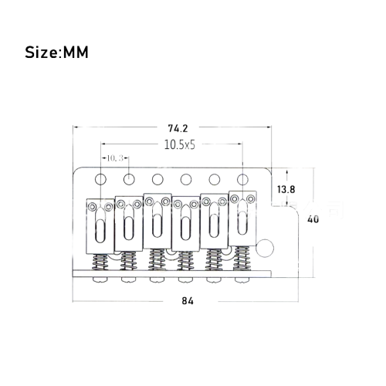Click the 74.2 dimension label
click(178, 128)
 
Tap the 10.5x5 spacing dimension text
click(180, 145)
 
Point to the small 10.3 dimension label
click(115, 158)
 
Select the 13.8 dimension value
click(286, 190)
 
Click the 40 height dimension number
click(313, 219)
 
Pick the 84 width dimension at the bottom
click(188, 301)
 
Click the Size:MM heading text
click(56, 52)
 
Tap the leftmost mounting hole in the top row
click(100, 179)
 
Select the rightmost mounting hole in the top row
click(242, 179)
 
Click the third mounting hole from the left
click(157, 179)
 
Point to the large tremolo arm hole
click(265, 248)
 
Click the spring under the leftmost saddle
click(100, 262)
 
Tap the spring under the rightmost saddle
click(242, 259)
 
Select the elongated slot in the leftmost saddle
click(100, 231)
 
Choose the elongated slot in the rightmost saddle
click(242, 223)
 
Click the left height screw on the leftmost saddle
click(92, 206)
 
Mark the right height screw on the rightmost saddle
click(251, 198)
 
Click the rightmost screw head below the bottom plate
click(242, 279)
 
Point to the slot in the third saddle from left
click(157, 225)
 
